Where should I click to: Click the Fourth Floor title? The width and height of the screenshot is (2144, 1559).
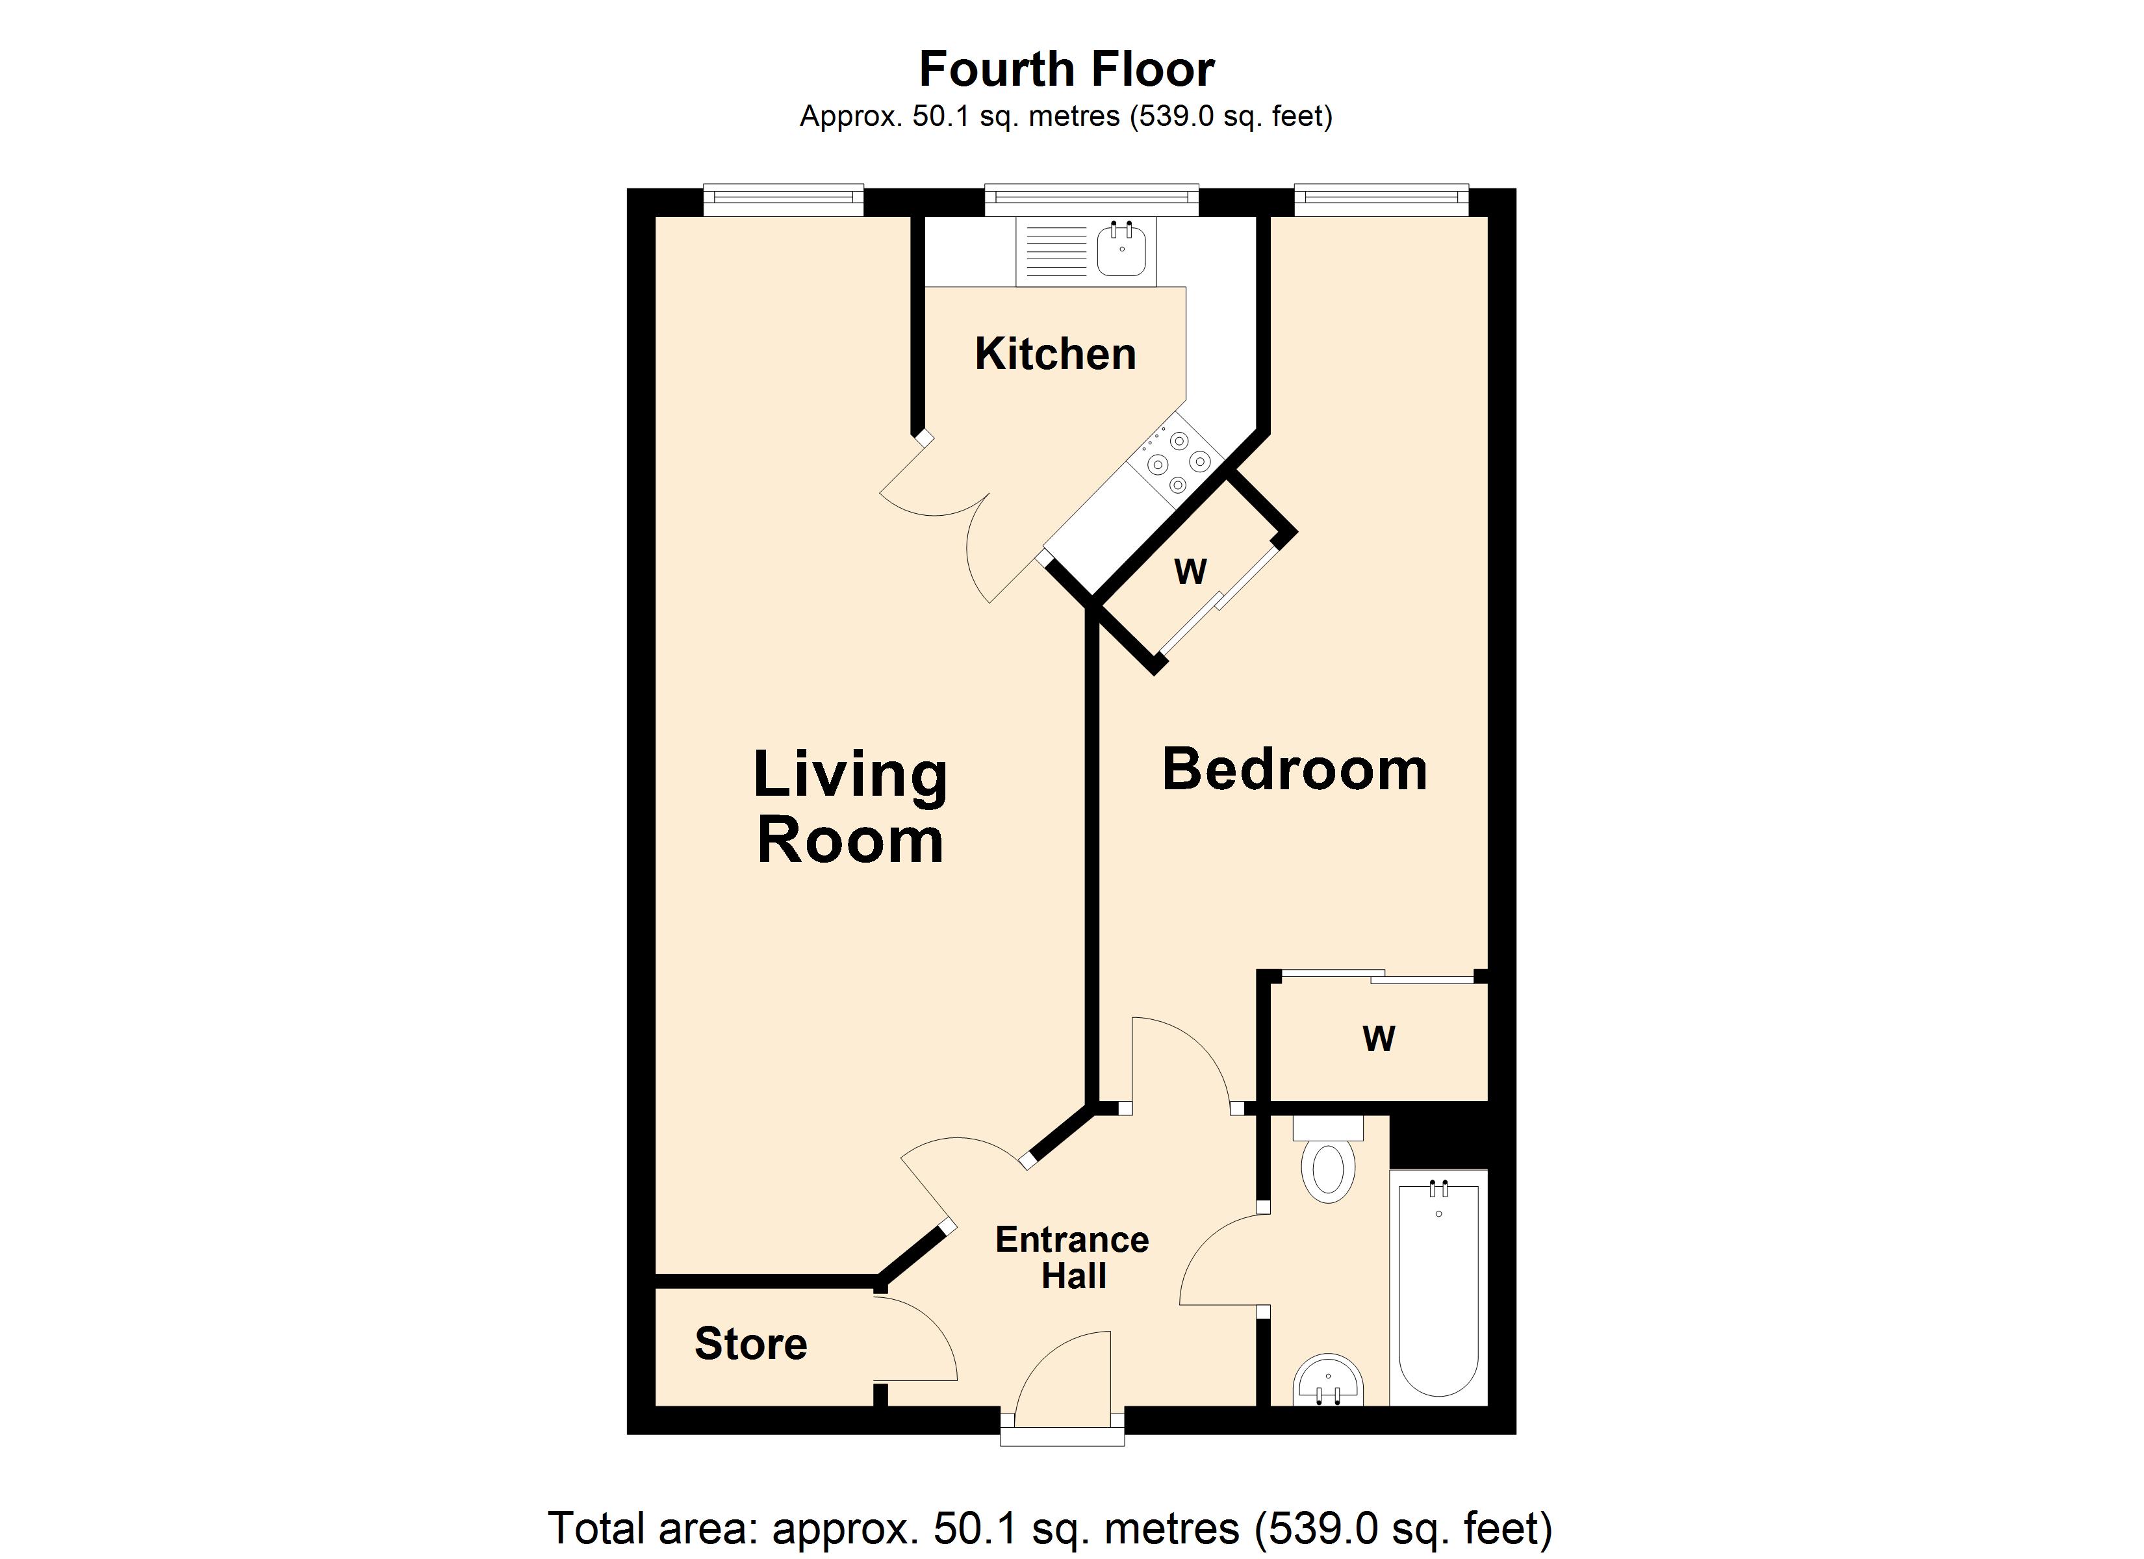pyautogui.click(x=1066, y=69)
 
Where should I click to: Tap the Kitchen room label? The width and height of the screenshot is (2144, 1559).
pyautogui.click(x=1055, y=353)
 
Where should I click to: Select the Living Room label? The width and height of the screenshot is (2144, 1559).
pyautogui.click(x=850, y=806)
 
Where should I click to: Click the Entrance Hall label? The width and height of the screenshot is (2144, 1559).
pyautogui.click(x=1072, y=1258)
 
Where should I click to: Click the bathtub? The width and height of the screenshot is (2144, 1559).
pyautogui.click(x=1438, y=1287)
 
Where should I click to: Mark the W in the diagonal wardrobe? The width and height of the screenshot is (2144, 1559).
pyautogui.click(x=1190, y=571)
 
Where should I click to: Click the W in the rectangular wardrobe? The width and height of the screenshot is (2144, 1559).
pyautogui.click(x=1378, y=1039)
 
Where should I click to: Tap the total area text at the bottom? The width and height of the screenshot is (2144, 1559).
pyautogui.click(x=1051, y=1528)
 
